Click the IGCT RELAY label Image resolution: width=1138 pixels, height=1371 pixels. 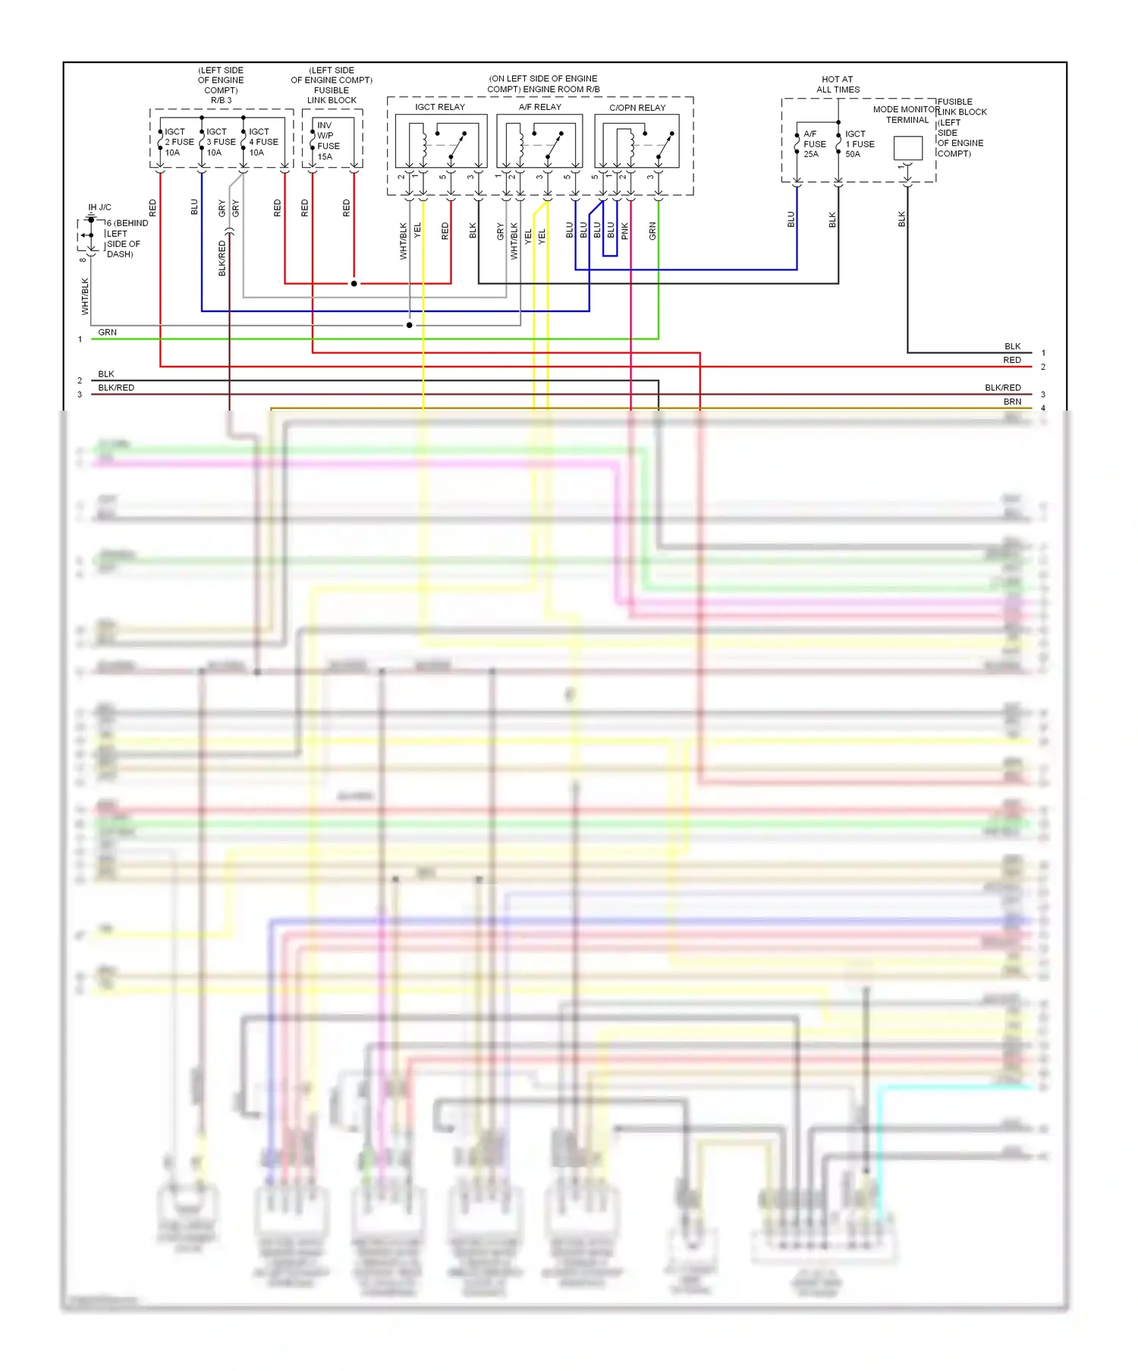(439, 107)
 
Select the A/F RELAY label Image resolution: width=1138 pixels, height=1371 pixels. (539, 107)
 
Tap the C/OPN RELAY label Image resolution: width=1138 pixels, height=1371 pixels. (637, 108)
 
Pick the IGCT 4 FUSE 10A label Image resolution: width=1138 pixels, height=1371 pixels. (263, 142)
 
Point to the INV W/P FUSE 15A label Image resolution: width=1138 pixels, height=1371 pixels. (328, 141)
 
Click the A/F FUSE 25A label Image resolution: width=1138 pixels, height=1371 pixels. (814, 143)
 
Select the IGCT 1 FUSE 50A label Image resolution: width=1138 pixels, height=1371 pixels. (860, 143)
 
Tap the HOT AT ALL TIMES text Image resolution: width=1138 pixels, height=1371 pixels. (838, 84)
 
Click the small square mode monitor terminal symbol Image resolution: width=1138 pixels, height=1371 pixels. (907, 147)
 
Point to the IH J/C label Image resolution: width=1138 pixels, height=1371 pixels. (99, 207)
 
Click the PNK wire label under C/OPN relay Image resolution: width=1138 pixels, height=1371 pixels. (624, 231)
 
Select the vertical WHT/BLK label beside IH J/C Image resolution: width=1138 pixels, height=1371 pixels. (85, 296)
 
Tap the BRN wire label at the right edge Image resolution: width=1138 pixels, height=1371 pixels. (1012, 402)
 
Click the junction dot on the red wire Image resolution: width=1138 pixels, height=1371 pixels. (354, 283)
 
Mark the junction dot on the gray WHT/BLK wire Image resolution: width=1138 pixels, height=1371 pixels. (409, 325)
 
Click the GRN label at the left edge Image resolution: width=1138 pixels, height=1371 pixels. (107, 333)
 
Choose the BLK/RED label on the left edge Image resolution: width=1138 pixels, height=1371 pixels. (115, 388)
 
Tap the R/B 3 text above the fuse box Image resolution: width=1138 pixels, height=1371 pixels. (221, 100)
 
